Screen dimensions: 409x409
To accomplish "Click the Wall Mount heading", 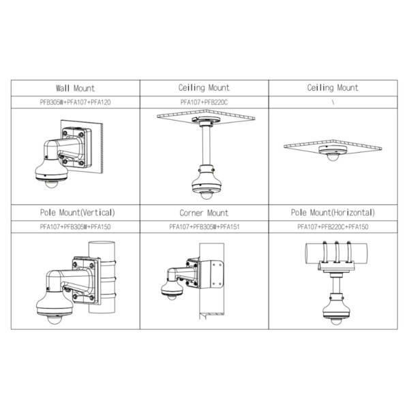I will [x=75, y=89].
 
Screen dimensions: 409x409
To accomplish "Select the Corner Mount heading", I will [x=204, y=213].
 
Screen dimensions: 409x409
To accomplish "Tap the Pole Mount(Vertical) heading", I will [x=75, y=213].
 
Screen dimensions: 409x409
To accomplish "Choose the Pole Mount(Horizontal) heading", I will [x=333, y=213].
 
